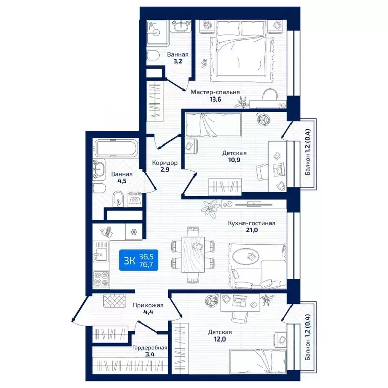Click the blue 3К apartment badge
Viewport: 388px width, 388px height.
pyautogui.click(x=138, y=260)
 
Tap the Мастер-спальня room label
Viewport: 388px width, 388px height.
pyautogui.click(x=215, y=92)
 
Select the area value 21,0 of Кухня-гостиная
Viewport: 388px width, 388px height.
pyautogui.click(x=252, y=230)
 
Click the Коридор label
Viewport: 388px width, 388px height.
pyautogui.click(x=165, y=163)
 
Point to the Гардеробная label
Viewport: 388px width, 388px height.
pyautogui.click(x=150, y=348)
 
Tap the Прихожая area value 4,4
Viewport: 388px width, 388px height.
pyautogui.click(x=148, y=312)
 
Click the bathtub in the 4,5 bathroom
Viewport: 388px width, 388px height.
pyautogui.click(x=116, y=148)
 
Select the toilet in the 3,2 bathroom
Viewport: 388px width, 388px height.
pyautogui.click(x=153, y=56)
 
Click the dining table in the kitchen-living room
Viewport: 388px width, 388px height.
pyautogui.click(x=193, y=255)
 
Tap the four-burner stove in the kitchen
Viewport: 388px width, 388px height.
pyautogui.click(x=101, y=279)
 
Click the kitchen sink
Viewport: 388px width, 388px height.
pyautogui.click(x=101, y=252)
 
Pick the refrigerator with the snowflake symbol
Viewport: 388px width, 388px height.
pyautogui.click(x=134, y=232)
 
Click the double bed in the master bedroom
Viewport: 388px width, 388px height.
pyautogui.click(x=241, y=48)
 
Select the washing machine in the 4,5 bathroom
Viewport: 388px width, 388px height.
pyautogui.click(x=135, y=200)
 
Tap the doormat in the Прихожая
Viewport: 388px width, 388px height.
pyautogui.click(x=115, y=301)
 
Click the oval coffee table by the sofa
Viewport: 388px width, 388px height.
pyautogui.click(x=246, y=257)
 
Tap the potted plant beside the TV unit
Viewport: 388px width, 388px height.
pyautogui.click(x=211, y=208)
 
